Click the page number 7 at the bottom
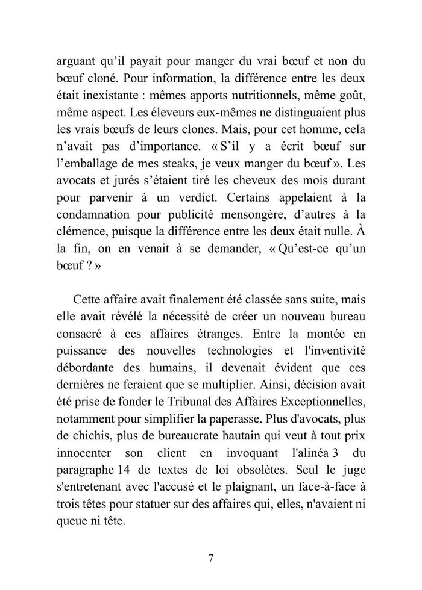tap(211, 557)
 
